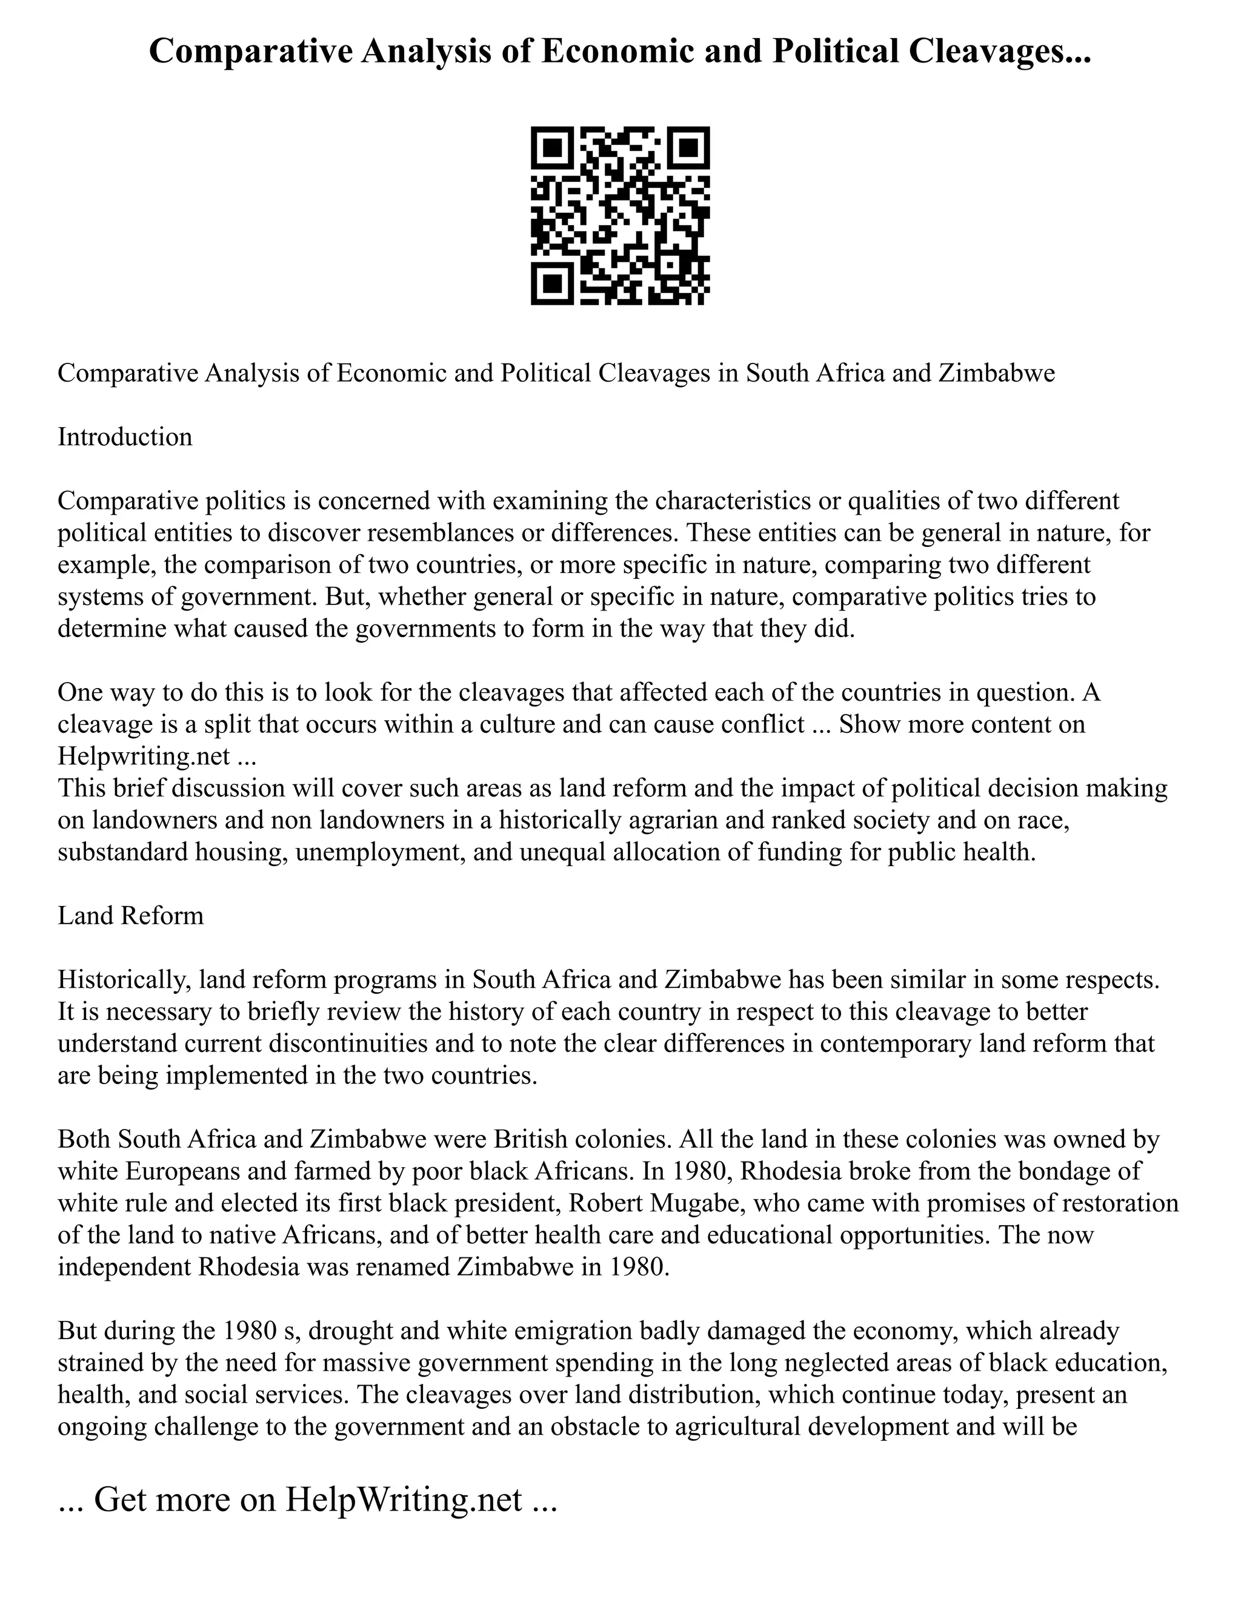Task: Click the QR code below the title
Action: click(x=620, y=216)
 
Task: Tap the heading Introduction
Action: click(x=125, y=437)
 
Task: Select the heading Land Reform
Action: click(x=131, y=916)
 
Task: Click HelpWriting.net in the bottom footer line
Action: click(x=404, y=1499)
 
